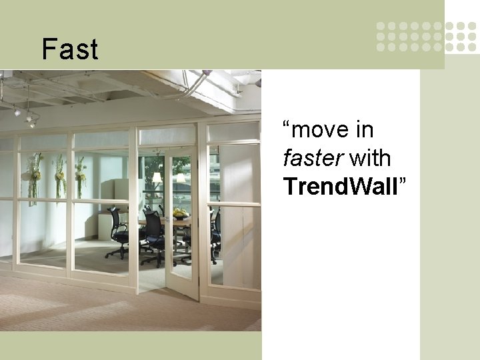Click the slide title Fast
[x=69, y=49]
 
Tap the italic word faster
[x=313, y=159]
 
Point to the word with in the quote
[x=370, y=159]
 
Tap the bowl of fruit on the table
[x=180, y=213]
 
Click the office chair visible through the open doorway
[x=152, y=237]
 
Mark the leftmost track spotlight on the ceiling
[x=17, y=112]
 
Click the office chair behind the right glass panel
[x=215, y=233]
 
